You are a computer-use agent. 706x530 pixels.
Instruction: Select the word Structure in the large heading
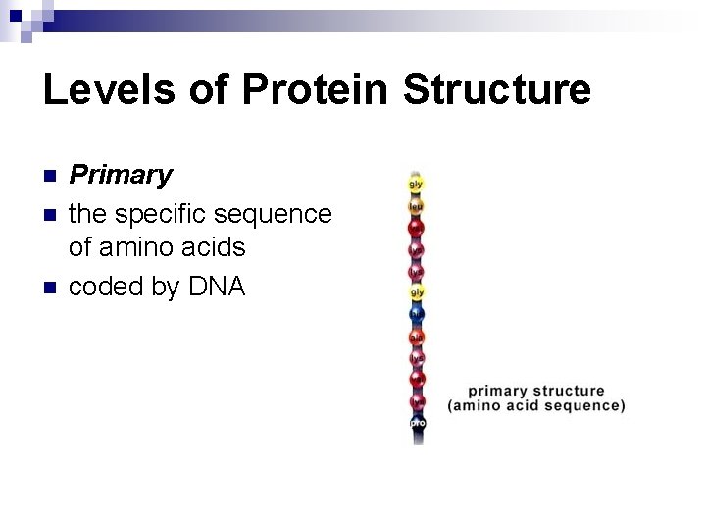[497, 89]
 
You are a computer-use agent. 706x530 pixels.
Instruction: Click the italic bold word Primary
[120, 175]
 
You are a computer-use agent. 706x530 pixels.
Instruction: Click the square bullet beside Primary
[51, 176]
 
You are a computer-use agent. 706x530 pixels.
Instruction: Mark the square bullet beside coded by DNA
[51, 287]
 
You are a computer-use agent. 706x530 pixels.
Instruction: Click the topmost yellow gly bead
[417, 184]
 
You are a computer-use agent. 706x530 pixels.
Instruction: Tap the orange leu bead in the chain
[417, 206]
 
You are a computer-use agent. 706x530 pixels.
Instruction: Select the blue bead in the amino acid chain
[417, 314]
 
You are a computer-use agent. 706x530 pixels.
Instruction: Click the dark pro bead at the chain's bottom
[417, 422]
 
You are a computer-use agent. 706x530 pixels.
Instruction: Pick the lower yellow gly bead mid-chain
[417, 292]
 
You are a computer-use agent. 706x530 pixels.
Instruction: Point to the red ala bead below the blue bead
[417, 336]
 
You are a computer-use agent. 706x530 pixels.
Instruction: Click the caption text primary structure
[535, 391]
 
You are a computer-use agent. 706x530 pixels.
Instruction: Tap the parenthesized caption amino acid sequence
[535, 405]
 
